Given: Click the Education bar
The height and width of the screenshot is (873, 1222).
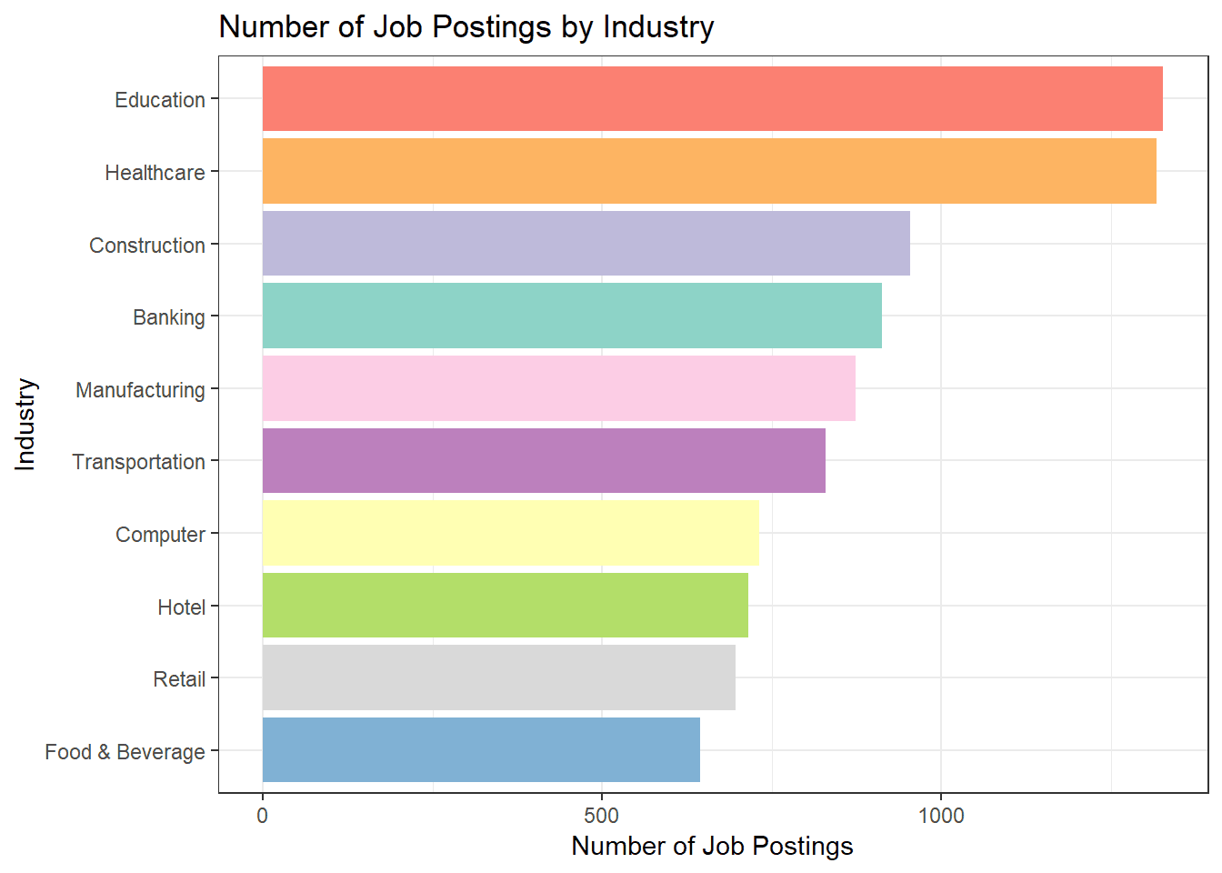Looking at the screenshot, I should [x=712, y=98].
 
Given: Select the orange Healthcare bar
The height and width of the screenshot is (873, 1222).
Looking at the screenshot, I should [x=709, y=171].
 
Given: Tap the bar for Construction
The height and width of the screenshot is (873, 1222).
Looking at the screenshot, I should [x=586, y=244].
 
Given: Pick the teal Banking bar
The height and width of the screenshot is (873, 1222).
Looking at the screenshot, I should [x=572, y=316].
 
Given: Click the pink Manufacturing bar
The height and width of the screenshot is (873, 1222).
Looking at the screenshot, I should [x=558, y=388].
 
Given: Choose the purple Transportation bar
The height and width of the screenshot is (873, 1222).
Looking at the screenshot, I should [x=544, y=461].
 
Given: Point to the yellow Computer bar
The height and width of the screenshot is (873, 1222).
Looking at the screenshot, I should [x=510, y=533].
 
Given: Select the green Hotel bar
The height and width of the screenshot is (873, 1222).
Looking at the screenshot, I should [x=505, y=606].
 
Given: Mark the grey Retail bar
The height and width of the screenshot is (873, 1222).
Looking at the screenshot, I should [x=498, y=677].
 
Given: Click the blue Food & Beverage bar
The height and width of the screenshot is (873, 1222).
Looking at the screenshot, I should [x=481, y=750].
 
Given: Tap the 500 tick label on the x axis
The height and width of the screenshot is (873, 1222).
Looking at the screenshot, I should [x=602, y=816].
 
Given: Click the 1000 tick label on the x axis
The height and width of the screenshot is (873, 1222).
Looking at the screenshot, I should [x=941, y=816].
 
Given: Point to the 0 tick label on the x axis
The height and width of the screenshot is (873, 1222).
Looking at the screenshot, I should [x=263, y=816].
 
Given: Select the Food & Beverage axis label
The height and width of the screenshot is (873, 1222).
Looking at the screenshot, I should [x=125, y=752].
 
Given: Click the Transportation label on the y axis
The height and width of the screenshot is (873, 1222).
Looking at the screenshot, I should [x=138, y=462].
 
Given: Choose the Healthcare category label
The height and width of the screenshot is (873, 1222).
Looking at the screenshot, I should [x=155, y=173].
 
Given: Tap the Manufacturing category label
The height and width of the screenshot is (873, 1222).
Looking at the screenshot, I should [x=140, y=390].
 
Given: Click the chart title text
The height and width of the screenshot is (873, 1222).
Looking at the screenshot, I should [x=466, y=27].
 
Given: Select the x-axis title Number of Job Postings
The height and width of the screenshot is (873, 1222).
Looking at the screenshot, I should [x=712, y=847].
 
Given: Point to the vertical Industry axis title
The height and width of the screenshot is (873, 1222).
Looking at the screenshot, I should [x=25, y=424].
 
